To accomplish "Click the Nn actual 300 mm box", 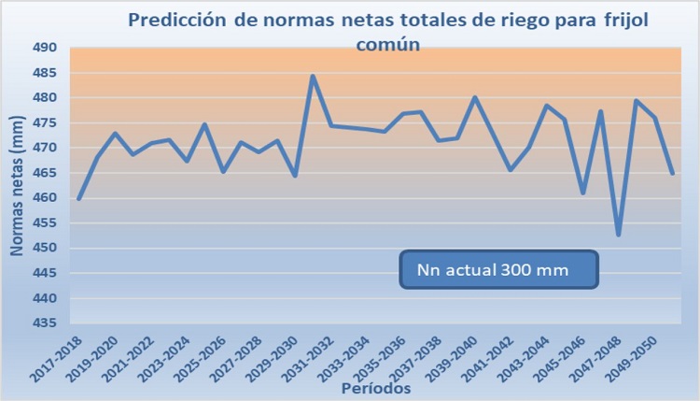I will (x=498, y=268).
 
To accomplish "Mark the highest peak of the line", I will (x=314, y=76).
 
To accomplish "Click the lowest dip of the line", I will (x=618, y=235).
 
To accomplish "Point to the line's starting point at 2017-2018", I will (x=79, y=199).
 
